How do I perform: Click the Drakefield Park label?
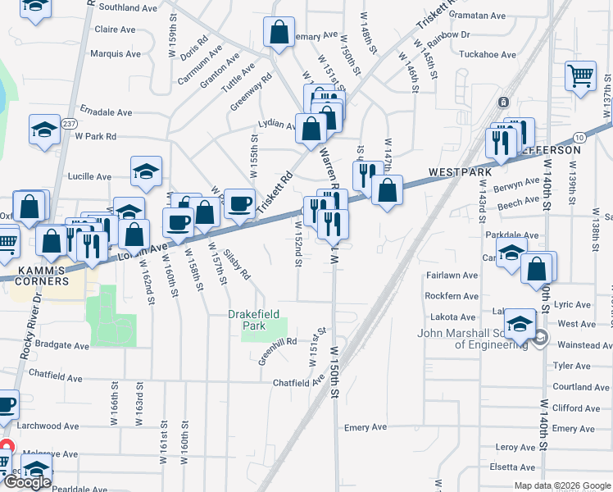[x=247, y=320]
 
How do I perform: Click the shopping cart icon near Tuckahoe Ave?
[x=580, y=77]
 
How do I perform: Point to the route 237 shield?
[x=69, y=124]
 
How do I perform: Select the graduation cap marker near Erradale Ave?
[x=44, y=129]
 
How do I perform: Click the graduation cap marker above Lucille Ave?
[x=146, y=171]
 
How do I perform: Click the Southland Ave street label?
[x=129, y=7]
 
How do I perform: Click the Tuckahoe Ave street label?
[x=487, y=55]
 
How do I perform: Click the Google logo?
[x=28, y=482]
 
